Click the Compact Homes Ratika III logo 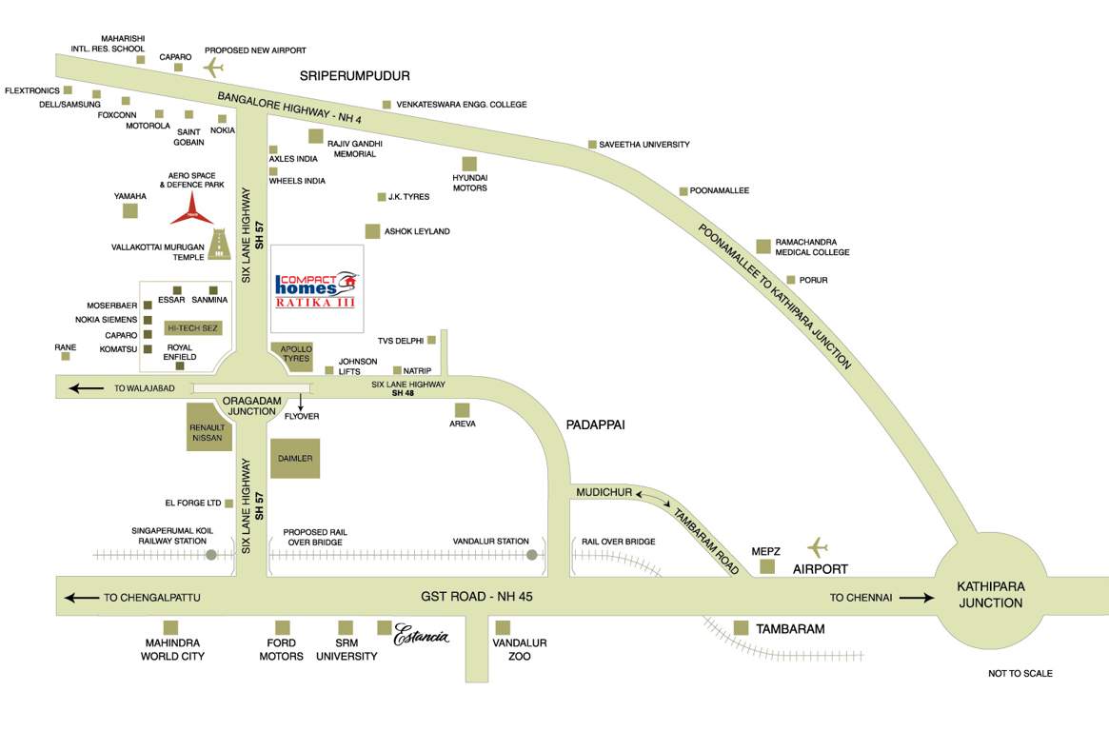(x=317, y=288)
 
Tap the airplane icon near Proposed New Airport (x=213, y=68)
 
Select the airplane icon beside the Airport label (x=817, y=547)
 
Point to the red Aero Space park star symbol (x=192, y=209)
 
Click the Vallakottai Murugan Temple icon (x=221, y=245)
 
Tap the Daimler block (x=295, y=459)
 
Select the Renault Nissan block (x=207, y=427)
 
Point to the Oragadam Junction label (x=249, y=405)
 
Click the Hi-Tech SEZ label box (x=192, y=327)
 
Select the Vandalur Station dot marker (x=532, y=554)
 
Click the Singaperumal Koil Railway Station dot (x=211, y=554)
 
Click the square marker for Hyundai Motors (x=469, y=164)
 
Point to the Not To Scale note (x=1020, y=673)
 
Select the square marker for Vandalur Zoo (x=503, y=627)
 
